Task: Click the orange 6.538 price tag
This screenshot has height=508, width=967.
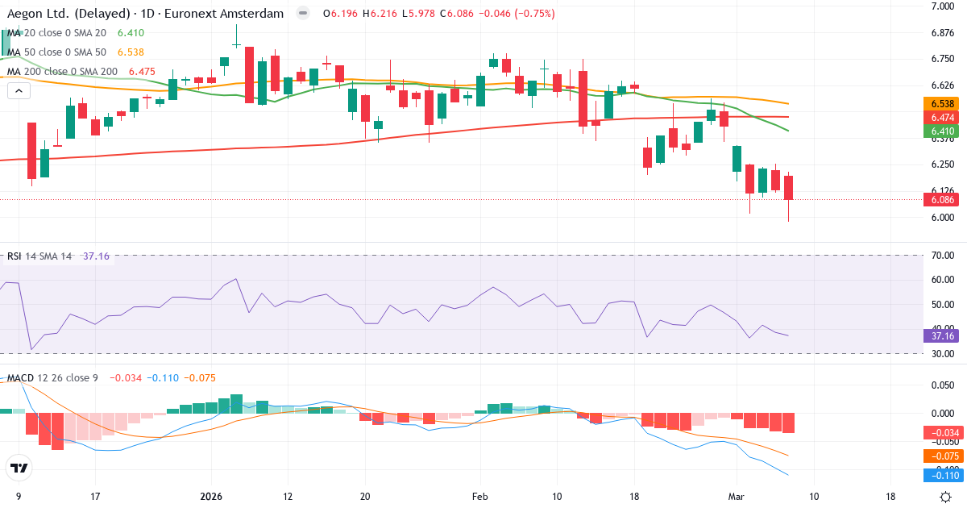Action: tap(941, 104)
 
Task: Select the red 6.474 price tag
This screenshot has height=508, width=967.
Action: tap(941, 118)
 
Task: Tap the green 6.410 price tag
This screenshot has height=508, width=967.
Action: tap(941, 131)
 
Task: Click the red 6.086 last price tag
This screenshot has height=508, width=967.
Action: tap(941, 199)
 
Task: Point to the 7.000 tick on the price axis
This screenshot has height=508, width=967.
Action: tap(943, 6)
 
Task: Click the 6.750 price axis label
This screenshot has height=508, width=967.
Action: tap(943, 59)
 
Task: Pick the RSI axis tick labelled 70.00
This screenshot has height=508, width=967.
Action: tap(943, 256)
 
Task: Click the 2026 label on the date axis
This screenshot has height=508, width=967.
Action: tap(210, 496)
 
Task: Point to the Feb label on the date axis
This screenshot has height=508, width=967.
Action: tap(479, 496)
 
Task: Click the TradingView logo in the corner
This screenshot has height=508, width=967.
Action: tap(19, 468)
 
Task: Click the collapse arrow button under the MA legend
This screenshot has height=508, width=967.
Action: tap(19, 90)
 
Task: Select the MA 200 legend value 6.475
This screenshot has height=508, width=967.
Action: tap(141, 71)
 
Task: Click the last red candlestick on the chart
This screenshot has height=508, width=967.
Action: tap(788, 188)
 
